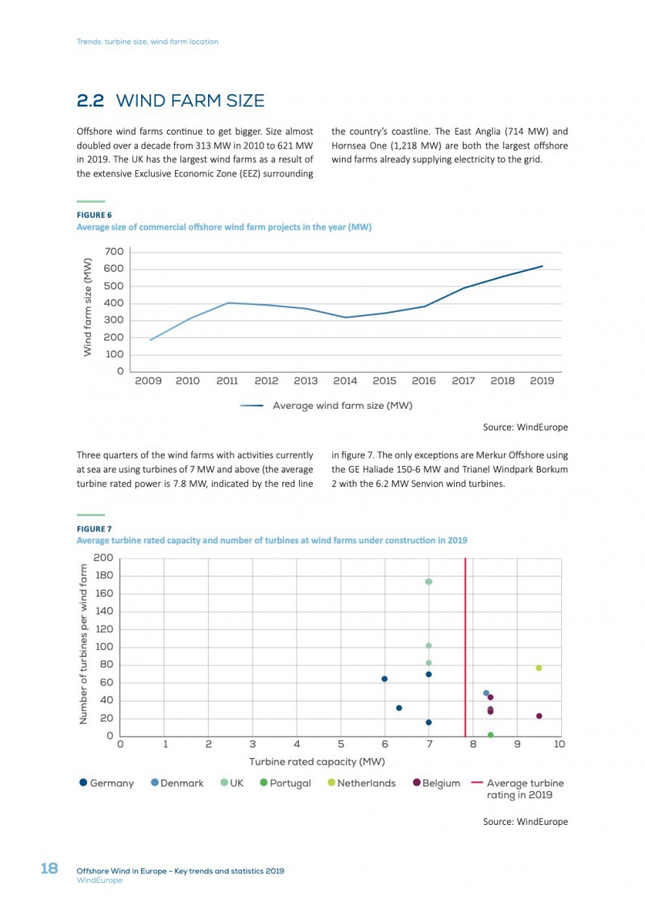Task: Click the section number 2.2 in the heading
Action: pos(90,101)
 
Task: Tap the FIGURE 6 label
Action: pos(94,214)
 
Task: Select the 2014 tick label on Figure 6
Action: pos(345,381)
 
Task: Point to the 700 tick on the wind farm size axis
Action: pos(114,252)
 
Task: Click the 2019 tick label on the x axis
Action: pos(542,381)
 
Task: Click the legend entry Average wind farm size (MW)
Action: pos(327,406)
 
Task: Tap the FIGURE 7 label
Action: pos(94,529)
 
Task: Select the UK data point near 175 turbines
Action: pos(429,581)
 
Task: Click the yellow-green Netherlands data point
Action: pos(539,668)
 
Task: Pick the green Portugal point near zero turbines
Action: pos(490,735)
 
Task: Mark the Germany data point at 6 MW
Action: pos(385,679)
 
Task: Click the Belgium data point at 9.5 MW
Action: pos(539,716)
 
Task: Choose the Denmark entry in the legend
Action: pos(177,783)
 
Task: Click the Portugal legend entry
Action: pos(285,783)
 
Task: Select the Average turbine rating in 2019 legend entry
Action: pos(517,789)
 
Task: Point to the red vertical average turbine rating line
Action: pos(465,647)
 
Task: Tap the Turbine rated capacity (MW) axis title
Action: pos(317,762)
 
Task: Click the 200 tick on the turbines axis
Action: pos(103,558)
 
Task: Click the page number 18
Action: pos(49,868)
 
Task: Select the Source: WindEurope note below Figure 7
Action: pos(525,822)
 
